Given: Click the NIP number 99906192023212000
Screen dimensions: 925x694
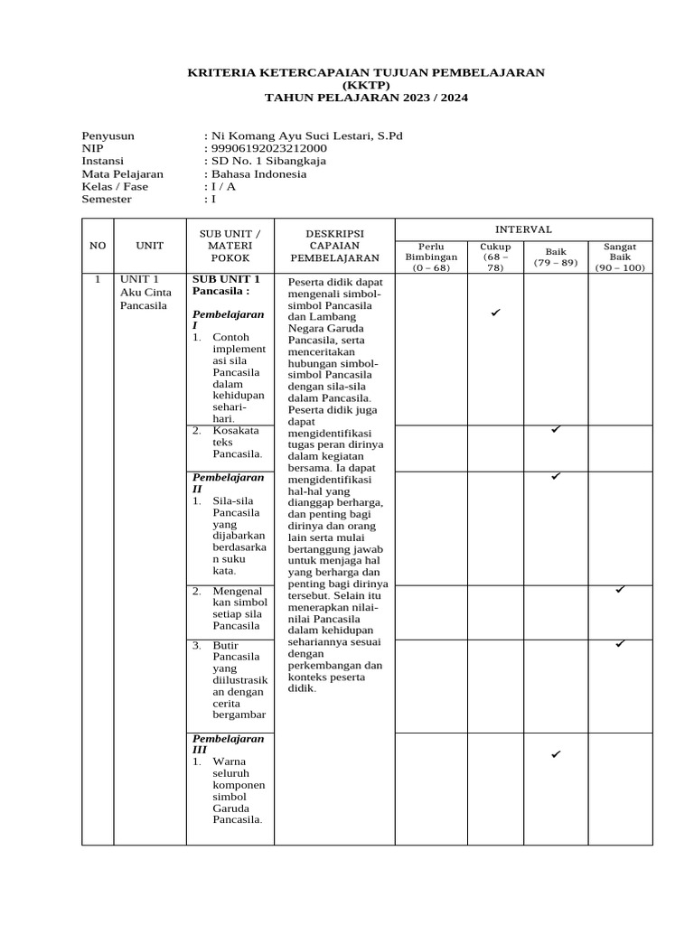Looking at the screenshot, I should click(x=268, y=149).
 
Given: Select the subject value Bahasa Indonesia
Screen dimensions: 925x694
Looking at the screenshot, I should click(x=258, y=174).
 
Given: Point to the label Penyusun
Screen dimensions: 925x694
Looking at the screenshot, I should click(x=108, y=136).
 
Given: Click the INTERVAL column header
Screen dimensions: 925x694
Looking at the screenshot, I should click(x=523, y=229).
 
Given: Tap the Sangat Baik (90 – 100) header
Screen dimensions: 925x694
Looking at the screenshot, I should click(x=620, y=257).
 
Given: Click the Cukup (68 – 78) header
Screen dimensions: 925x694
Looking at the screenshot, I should click(x=496, y=257).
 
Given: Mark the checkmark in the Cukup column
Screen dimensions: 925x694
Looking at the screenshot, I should click(x=495, y=313).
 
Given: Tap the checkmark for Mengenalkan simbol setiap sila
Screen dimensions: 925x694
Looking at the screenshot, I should click(x=620, y=589).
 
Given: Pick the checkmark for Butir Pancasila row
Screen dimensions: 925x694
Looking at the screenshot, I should click(x=620, y=643).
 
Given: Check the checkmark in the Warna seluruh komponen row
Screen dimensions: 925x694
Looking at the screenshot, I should click(x=556, y=753).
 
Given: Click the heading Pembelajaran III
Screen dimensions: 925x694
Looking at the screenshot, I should click(x=228, y=743).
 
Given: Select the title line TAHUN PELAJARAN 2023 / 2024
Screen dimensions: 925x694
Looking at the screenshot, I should click(x=366, y=98).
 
